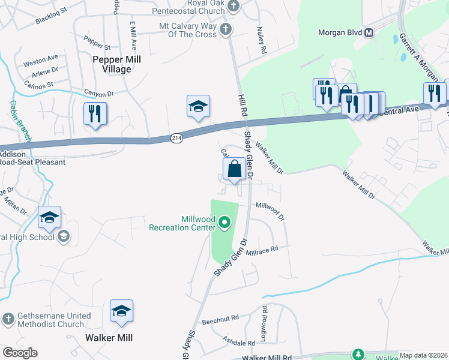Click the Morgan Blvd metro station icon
point(369,32)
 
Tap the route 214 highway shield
point(176,137)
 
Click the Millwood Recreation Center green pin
point(225,224)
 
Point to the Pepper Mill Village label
point(112,65)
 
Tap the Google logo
point(20,353)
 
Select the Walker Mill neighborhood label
point(109,338)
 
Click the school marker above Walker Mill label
point(121,311)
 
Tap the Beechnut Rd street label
point(220,317)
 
